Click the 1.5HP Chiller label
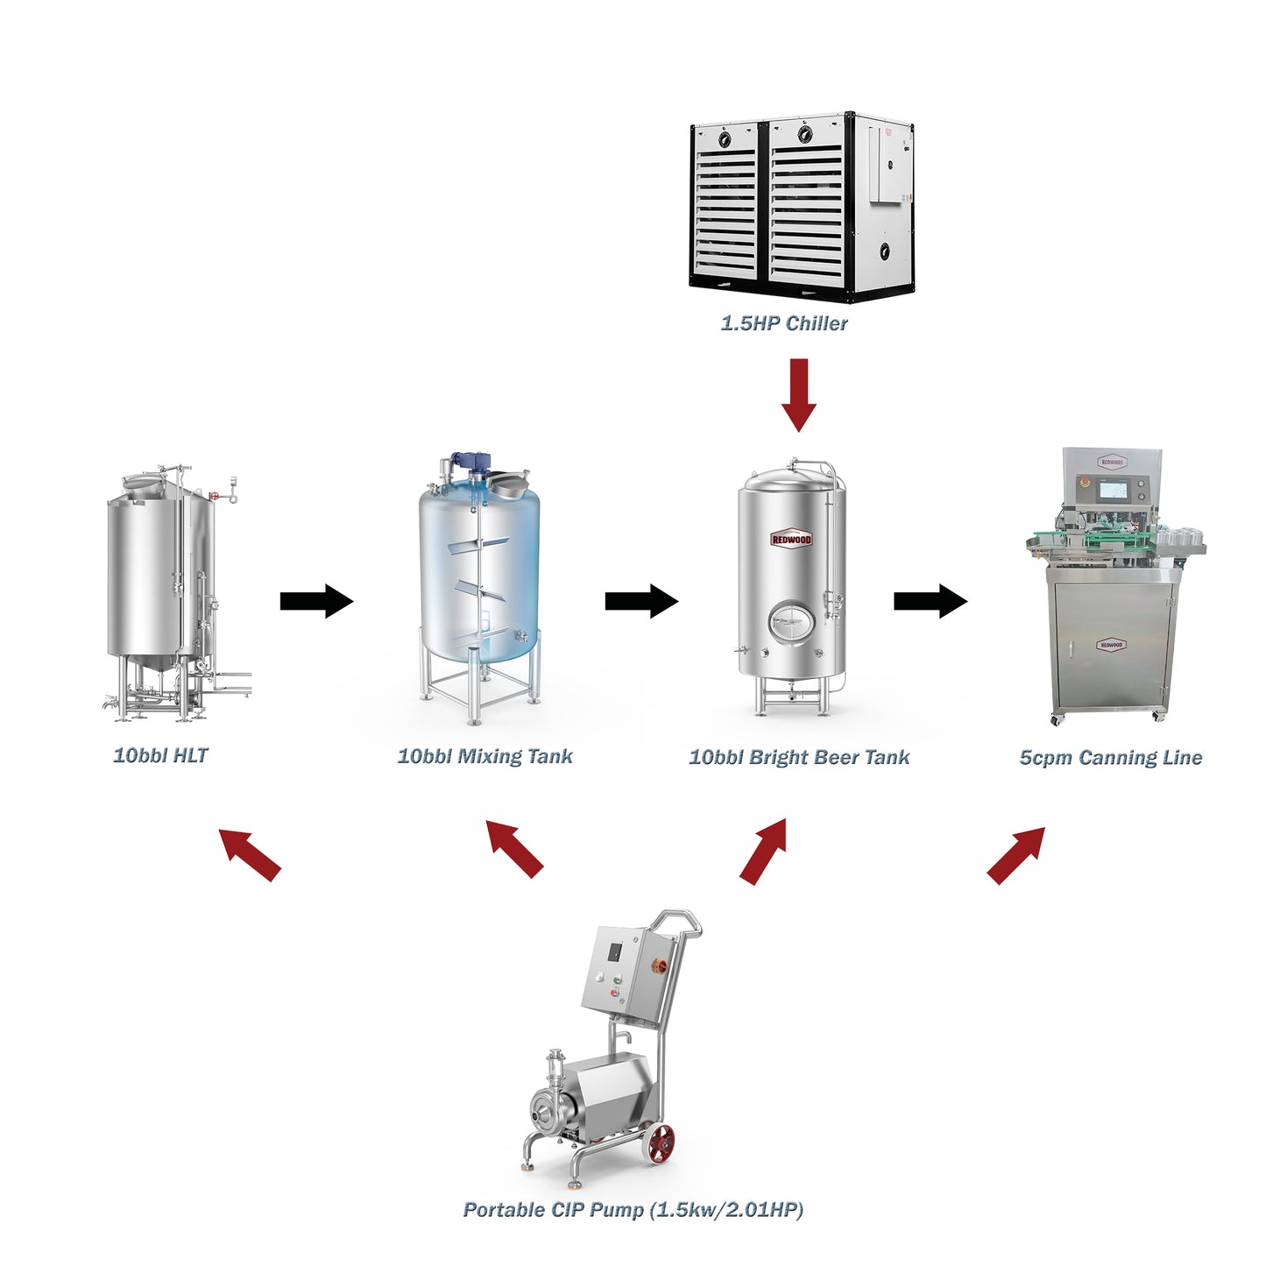coord(784,323)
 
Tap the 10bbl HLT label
coord(160,755)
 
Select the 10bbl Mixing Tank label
coord(484,756)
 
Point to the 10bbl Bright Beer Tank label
coord(799,757)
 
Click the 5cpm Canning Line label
coord(1110,758)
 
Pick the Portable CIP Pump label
coord(633,1210)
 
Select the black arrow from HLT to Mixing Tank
coord(316,601)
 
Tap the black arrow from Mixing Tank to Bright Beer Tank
coord(641,601)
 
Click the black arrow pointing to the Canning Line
coord(930,601)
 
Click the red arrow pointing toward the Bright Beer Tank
coord(764,851)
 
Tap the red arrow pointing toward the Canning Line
coord(1016,854)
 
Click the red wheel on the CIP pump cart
coord(661,1144)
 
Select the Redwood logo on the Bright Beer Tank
coord(791,539)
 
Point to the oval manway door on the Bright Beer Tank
coord(790,622)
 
